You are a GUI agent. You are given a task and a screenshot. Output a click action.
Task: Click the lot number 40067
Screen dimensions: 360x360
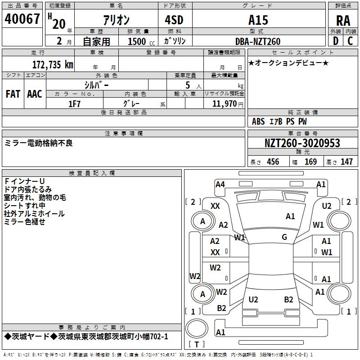pos(22,19)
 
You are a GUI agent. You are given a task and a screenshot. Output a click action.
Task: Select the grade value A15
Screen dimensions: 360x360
pos(258,20)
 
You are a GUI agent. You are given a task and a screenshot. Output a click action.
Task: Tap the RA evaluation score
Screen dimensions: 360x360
pos(343,20)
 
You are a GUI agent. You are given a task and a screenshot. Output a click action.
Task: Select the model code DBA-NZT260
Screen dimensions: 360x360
pos(258,41)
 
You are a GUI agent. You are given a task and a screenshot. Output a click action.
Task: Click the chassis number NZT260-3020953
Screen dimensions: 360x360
pos(302,144)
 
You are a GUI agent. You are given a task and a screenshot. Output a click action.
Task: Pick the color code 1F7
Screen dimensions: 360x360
pos(74,104)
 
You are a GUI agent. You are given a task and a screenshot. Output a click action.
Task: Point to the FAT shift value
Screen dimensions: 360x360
pos(13,94)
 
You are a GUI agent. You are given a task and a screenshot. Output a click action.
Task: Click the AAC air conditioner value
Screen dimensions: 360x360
pos(34,94)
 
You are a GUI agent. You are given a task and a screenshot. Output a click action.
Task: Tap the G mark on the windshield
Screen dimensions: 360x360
pos(284,237)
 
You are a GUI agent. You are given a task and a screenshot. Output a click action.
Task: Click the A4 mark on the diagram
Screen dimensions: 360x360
pos(220,184)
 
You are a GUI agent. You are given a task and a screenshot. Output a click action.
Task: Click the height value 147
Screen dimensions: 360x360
pos(346,162)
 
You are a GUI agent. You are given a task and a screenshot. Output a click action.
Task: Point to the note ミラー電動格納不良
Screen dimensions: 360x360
pos(38,143)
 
